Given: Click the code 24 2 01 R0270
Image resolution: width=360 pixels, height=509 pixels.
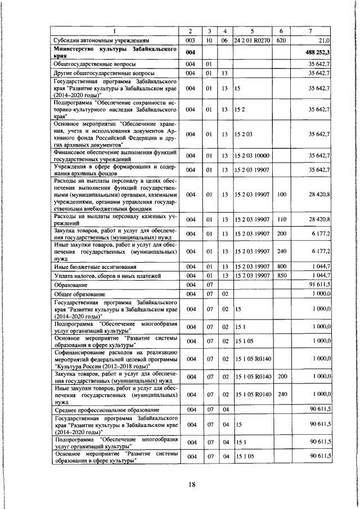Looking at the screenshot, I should click(252, 40).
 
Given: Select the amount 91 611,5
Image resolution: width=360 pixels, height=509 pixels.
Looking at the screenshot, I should click(321, 285).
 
